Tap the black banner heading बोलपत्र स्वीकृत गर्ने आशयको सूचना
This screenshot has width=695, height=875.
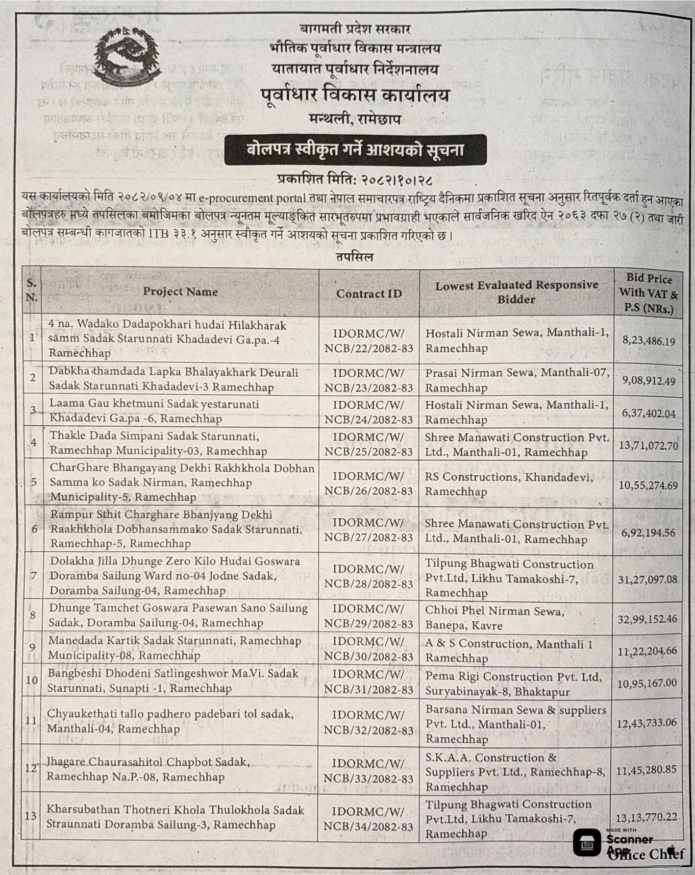pos(355,150)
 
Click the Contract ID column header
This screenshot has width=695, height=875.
pos(369,293)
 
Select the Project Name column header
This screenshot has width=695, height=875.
pos(180,292)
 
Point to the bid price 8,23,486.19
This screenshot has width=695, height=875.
pos(648,341)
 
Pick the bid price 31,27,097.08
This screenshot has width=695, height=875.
pos(647,580)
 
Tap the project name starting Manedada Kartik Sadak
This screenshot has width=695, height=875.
pos(174,648)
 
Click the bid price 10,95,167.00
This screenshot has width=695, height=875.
pos(646,683)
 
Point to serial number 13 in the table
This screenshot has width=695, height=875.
pos(31,815)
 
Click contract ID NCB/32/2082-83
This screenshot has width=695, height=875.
pos(369,730)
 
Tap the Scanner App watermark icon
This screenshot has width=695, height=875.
pos(587,843)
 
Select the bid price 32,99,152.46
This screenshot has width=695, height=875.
pos(647,619)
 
